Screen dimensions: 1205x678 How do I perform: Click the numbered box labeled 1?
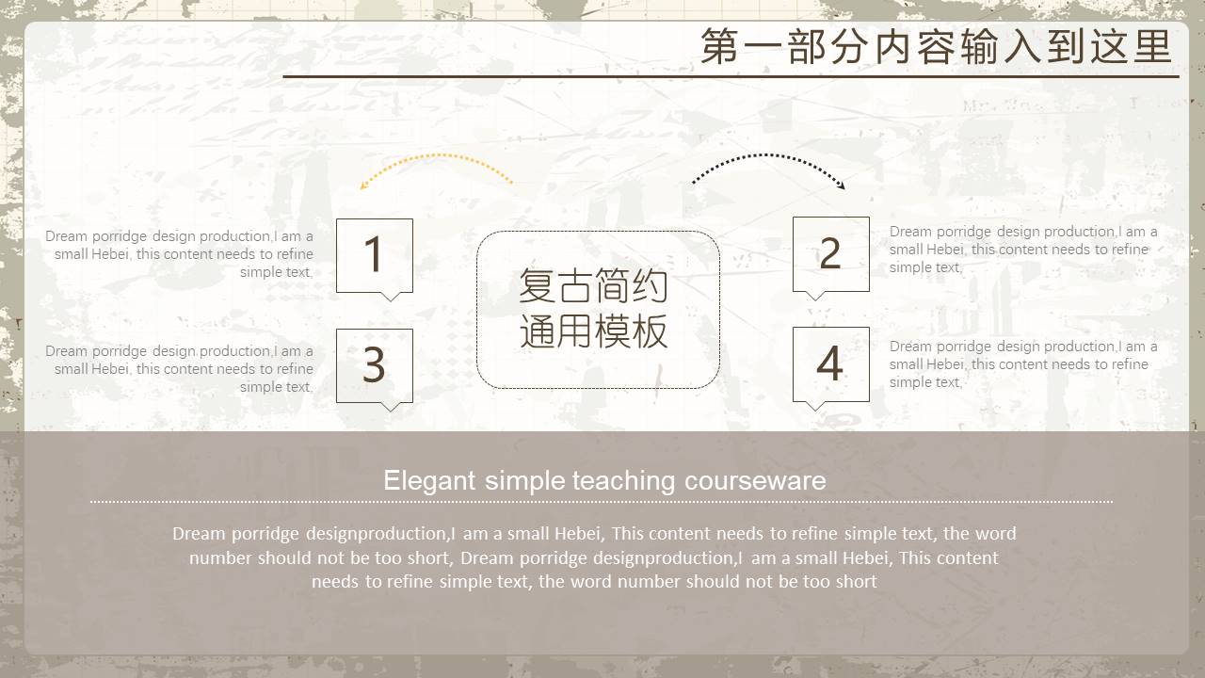tap(375, 256)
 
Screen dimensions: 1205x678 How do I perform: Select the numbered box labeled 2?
tap(831, 254)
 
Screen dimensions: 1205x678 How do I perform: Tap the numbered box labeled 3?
tap(375, 366)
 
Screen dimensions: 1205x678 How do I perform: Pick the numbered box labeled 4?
tap(831, 364)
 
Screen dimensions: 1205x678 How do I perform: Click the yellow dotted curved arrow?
tap(439, 155)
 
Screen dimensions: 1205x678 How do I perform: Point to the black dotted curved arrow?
tap(766, 155)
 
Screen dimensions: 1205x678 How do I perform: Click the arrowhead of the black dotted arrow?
tap(842, 186)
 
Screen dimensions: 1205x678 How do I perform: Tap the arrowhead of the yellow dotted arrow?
tap(364, 186)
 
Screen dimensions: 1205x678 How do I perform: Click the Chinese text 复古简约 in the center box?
tap(593, 285)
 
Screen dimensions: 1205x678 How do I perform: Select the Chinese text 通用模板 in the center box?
tap(593, 331)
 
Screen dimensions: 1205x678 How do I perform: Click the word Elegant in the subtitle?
tap(429, 481)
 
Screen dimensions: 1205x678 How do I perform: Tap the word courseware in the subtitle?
tap(755, 481)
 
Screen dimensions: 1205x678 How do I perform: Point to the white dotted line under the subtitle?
tap(602, 502)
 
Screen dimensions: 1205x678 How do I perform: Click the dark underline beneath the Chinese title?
tap(731, 77)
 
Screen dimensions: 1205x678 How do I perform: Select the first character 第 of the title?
tap(719, 47)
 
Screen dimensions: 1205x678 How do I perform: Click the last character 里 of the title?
tap(1153, 47)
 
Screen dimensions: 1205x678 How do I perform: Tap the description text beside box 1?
tap(179, 254)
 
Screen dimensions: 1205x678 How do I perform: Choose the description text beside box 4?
tap(1023, 364)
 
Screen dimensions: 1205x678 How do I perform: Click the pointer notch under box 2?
tap(815, 296)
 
